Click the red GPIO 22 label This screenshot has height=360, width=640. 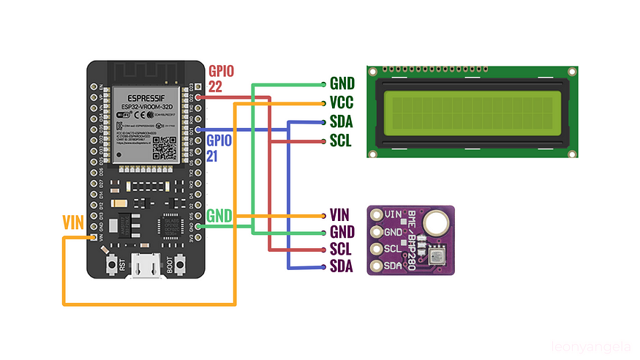222,78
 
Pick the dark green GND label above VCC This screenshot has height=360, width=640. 342,84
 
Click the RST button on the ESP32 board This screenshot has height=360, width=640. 113,264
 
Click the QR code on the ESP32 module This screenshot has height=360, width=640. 165,149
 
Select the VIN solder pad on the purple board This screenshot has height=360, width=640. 377,215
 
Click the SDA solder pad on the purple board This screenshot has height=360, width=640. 377,266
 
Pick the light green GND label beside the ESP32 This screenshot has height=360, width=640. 220,216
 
